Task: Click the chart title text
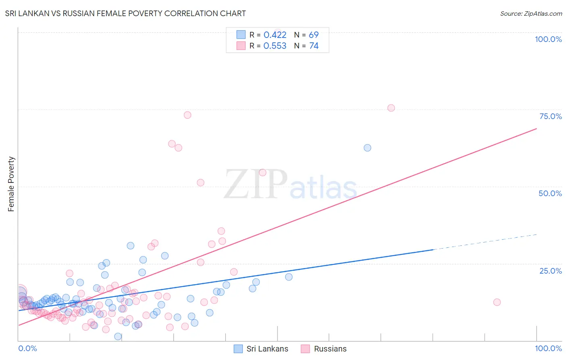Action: pyautogui.click(x=125, y=13)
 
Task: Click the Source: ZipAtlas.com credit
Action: pyautogui.click(x=531, y=13)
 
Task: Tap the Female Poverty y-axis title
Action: pyautogui.click(x=11, y=184)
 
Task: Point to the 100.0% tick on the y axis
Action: pyautogui.click(x=548, y=39)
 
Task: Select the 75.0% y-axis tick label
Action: pyautogui.click(x=550, y=116)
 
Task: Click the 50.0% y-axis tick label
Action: pyautogui.click(x=550, y=193)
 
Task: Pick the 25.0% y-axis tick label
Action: pyautogui.click(x=550, y=271)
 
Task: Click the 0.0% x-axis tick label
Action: pyautogui.click(x=27, y=348)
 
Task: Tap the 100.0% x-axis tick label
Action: pyautogui.click(x=548, y=348)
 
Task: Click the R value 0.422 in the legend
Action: pyautogui.click(x=275, y=35)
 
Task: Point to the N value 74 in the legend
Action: pyautogui.click(x=314, y=46)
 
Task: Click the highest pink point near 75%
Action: pyautogui.click(x=391, y=108)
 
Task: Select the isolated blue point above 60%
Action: pyautogui.click(x=367, y=148)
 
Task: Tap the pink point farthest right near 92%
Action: pyautogui.click(x=497, y=302)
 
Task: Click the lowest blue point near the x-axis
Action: pyautogui.click(x=118, y=337)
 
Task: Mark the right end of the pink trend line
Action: pyautogui.click(x=536, y=128)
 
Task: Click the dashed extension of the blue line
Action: pyautogui.click(x=484, y=242)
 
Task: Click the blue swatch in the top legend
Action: pyautogui.click(x=241, y=35)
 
